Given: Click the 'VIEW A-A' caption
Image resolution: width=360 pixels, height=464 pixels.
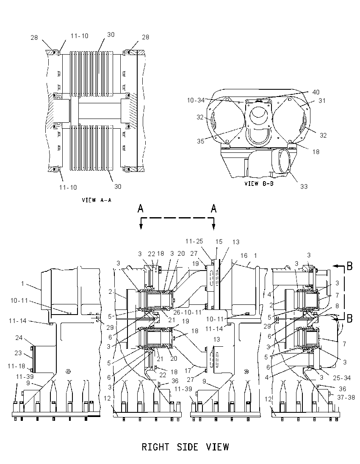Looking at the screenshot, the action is (97, 200).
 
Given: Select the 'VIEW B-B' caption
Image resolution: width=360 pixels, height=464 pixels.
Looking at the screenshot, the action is (259, 183).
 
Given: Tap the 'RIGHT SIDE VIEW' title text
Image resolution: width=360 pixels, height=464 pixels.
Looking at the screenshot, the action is (186, 447).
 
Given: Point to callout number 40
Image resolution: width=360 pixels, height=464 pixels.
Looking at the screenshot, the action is (316, 92).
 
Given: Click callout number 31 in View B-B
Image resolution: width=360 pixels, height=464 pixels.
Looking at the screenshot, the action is (322, 101).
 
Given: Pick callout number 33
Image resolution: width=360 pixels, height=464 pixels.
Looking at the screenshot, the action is (304, 186).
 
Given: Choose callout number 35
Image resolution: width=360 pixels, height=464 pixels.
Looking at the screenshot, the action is (201, 141).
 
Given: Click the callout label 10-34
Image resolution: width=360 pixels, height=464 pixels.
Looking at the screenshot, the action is (196, 100).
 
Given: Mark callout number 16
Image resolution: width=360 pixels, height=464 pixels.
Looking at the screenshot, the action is (244, 255).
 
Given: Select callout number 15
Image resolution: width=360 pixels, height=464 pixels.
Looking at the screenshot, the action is (219, 242).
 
